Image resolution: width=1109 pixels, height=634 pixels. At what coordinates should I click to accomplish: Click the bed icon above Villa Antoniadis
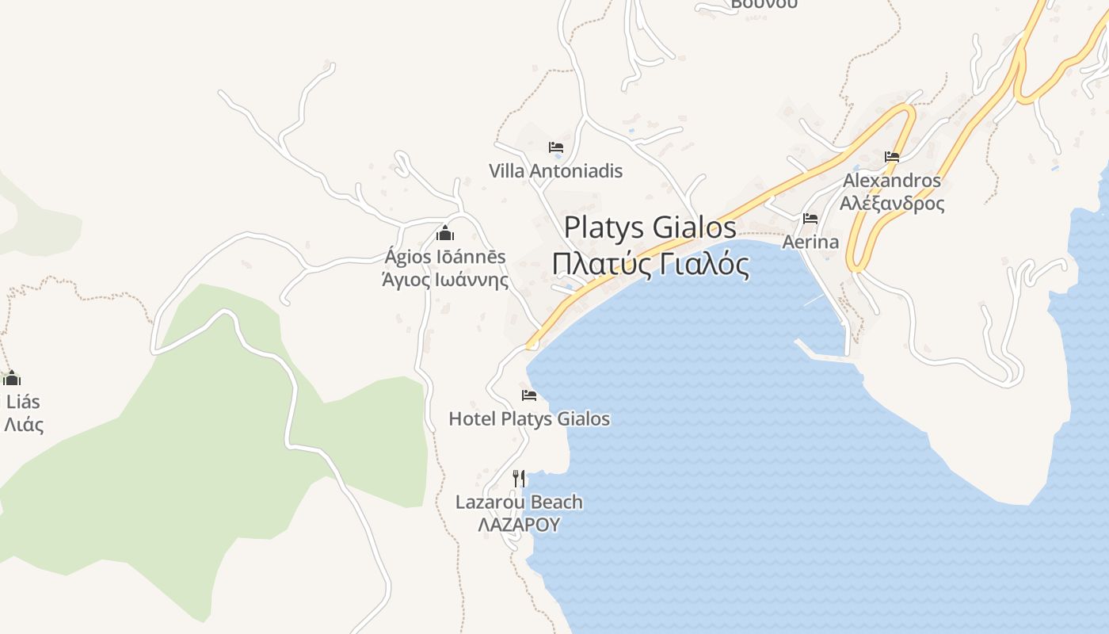click(x=555, y=147)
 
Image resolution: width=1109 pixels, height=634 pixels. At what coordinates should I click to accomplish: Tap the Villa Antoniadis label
click(x=555, y=170)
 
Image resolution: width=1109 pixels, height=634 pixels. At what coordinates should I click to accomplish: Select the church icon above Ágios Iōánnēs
click(x=445, y=233)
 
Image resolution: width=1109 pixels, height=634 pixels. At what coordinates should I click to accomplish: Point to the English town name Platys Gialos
click(x=650, y=227)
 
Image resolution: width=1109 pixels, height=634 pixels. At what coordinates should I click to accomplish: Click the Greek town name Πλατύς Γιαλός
click(x=650, y=264)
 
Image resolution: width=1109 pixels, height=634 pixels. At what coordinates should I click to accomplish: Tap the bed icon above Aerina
click(x=810, y=219)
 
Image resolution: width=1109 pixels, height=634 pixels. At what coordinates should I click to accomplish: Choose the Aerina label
click(x=810, y=242)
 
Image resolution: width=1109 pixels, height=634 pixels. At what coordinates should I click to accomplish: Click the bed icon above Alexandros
click(x=892, y=157)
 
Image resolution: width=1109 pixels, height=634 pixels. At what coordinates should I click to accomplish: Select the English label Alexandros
click(x=892, y=180)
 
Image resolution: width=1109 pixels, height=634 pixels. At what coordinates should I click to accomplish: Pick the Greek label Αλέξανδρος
click(x=892, y=204)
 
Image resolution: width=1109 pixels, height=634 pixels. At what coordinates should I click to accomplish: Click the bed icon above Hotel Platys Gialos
click(x=529, y=395)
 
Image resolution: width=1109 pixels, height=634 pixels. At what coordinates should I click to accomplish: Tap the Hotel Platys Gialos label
click(x=529, y=418)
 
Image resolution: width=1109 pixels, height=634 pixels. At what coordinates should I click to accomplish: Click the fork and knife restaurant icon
click(x=519, y=478)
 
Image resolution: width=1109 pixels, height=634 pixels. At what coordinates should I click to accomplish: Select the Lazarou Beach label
click(x=519, y=502)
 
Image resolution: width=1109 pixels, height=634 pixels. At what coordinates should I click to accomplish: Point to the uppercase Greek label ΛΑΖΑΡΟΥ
click(x=519, y=525)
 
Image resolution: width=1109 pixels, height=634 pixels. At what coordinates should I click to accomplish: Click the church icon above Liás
click(x=11, y=378)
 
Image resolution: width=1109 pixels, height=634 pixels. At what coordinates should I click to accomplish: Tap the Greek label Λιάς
click(x=24, y=425)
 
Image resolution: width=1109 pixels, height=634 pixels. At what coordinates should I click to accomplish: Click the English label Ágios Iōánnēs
click(x=444, y=257)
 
